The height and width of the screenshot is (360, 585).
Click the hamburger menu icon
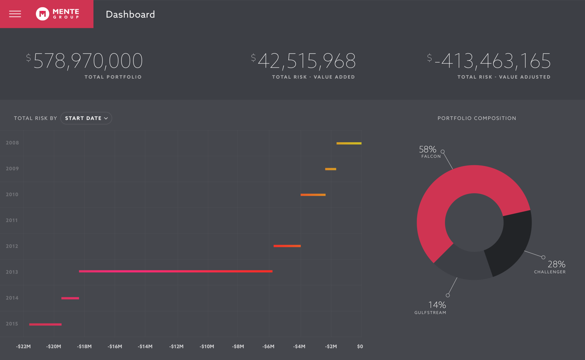[x=15, y=14]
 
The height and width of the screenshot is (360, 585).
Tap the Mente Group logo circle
[x=42, y=14]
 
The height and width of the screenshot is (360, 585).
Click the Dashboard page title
[x=130, y=14]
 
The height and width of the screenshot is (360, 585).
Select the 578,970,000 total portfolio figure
[x=87, y=61]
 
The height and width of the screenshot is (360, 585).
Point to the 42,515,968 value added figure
[x=306, y=61]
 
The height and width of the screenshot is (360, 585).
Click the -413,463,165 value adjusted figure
[x=492, y=61]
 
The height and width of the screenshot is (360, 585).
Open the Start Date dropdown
[x=86, y=118]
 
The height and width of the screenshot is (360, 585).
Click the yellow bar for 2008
[x=349, y=143]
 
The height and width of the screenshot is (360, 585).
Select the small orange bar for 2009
[x=330, y=169]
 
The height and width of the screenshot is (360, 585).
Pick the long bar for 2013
[x=175, y=271]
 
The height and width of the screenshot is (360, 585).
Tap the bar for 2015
[x=45, y=324]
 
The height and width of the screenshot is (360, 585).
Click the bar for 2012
[x=287, y=246]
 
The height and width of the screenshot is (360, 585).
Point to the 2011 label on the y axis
[x=12, y=220]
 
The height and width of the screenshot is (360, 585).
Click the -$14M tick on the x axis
[x=145, y=346]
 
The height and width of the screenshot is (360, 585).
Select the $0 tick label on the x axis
[x=360, y=346]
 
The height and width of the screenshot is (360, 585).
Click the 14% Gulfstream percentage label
[x=437, y=305]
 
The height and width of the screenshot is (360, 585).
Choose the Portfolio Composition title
[x=477, y=118]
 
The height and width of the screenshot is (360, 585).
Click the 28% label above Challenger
[x=556, y=264]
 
